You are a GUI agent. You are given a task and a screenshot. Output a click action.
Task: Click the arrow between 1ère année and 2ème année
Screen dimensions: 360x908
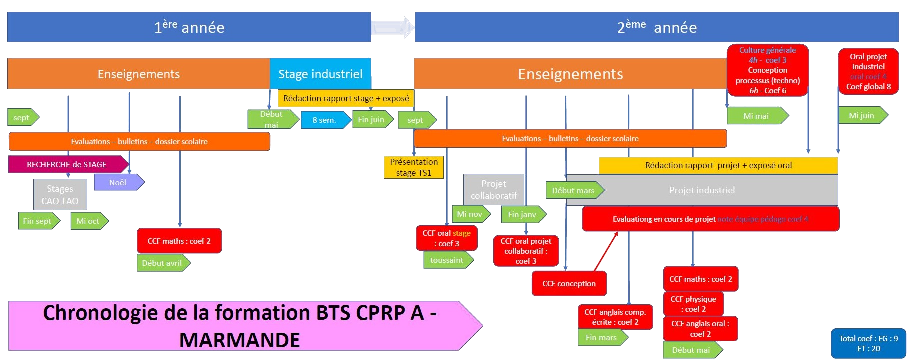[x=393, y=27]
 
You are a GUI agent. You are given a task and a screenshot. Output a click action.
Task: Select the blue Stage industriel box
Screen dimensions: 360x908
[x=320, y=74]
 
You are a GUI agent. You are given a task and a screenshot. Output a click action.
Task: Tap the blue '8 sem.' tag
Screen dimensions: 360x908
[x=324, y=120]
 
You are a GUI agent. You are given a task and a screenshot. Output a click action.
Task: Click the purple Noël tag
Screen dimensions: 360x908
[x=118, y=182]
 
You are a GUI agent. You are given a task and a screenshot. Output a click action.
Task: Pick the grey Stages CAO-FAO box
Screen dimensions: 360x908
[x=60, y=195]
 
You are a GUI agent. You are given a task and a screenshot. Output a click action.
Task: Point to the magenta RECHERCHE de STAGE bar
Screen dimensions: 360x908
[x=67, y=164]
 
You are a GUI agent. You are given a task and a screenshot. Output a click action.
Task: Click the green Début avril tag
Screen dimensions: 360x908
[x=162, y=263]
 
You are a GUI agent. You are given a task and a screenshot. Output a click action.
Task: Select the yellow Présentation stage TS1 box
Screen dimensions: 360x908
[x=414, y=167]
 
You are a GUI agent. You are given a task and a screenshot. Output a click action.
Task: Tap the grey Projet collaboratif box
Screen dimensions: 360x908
[x=493, y=190]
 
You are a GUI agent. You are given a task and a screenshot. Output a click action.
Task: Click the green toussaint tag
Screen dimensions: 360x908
[x=447, y=260]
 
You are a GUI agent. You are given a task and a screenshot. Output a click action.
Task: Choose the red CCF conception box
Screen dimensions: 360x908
[x=569, y=283]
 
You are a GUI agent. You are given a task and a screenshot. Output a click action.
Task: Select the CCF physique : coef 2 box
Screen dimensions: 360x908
[x=693, y=304]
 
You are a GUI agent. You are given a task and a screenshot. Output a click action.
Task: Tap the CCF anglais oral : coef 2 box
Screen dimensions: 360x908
[x=700, y=329]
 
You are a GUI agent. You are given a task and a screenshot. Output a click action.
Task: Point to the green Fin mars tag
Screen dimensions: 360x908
[x=601, y=337]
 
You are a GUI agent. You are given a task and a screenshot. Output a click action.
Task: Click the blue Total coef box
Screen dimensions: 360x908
[x=868, y=343]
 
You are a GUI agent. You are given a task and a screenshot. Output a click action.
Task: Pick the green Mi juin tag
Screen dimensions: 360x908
[x=862, y=115]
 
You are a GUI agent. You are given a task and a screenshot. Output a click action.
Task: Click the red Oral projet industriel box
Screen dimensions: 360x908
[x=868, y=71]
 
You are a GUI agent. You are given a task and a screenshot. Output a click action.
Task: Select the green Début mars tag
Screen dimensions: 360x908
[x=574, y=190]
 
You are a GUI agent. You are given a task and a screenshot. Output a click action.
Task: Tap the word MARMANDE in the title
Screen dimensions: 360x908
[x=239, y=340]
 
